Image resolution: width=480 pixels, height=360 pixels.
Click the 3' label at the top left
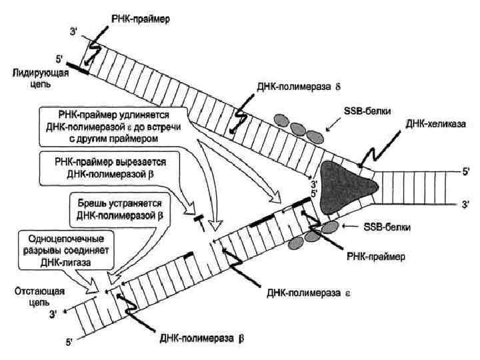tap(73, 31)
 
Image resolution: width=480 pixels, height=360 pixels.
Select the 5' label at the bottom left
tap(66, 342)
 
